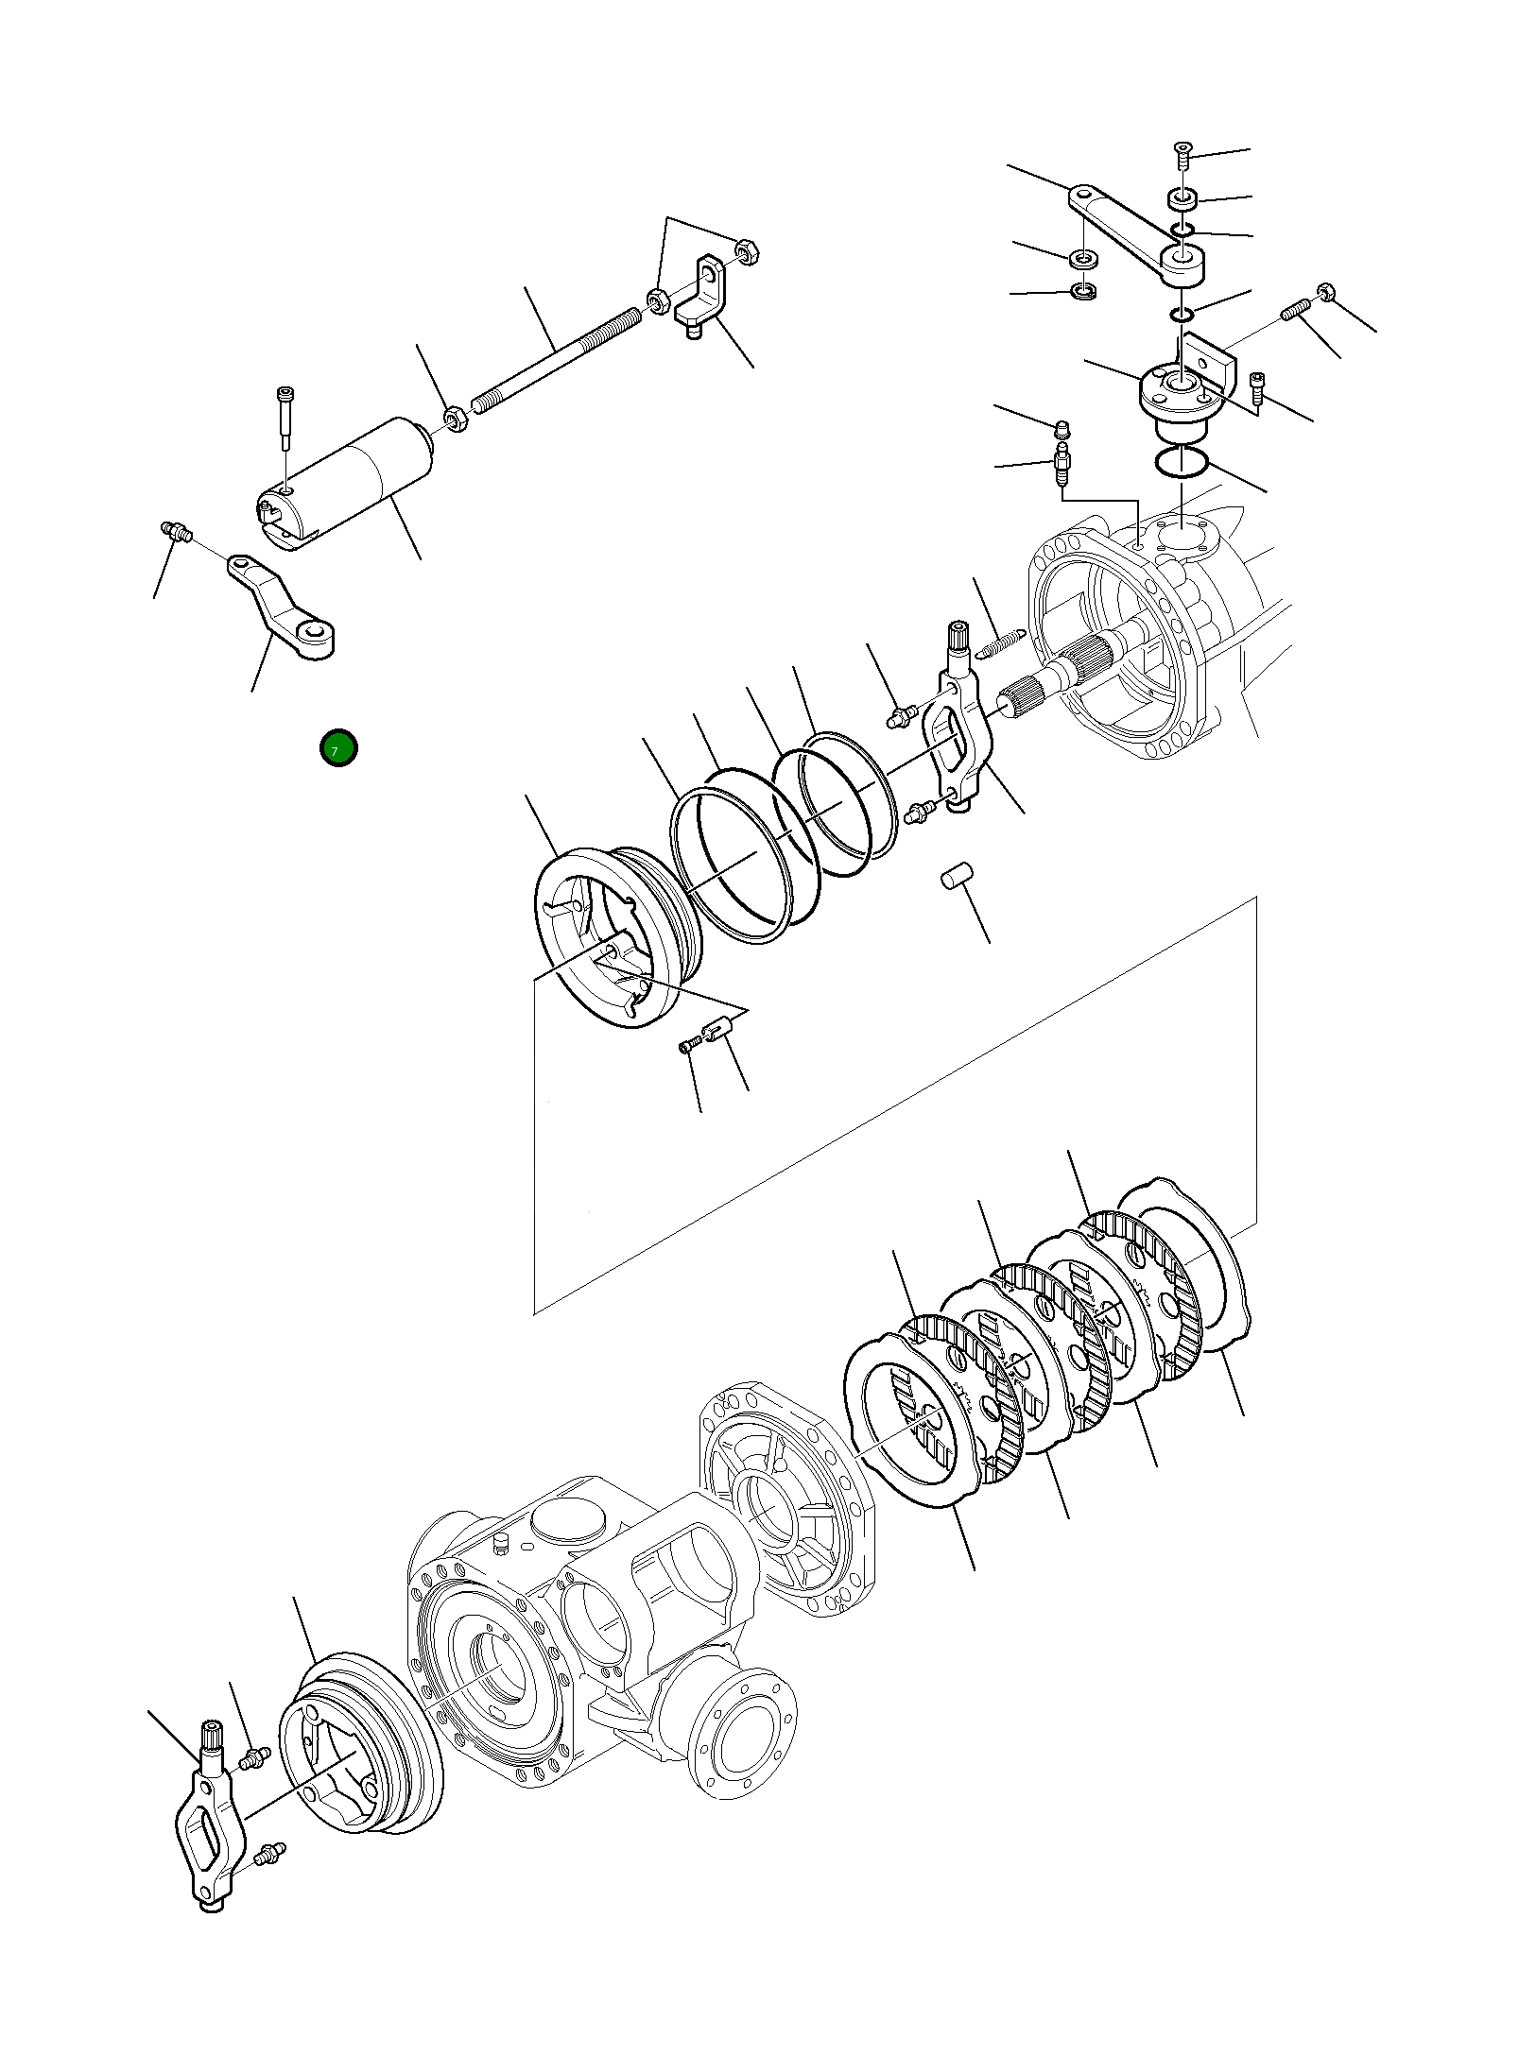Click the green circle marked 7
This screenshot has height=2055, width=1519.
coord(338,748)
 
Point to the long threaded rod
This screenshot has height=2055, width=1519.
coord(556,361)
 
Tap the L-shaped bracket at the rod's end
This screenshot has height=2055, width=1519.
coord(703,295)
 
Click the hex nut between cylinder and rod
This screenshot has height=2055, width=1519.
coord(456,419)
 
